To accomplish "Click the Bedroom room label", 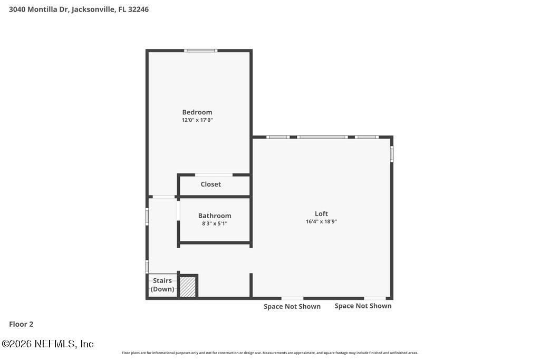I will (x=197, y=112).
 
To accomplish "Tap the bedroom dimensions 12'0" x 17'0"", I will (x=197, y=120).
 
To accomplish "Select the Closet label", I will (x=210, y=184).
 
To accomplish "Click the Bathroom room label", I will (x=215, y=216).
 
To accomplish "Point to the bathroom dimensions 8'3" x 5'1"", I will (x=215, y=223).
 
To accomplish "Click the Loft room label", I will (x=321, y=213).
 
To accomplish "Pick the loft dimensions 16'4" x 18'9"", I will (x=321, y=221).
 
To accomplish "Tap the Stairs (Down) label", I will (x=162, y=285).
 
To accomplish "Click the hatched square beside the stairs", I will (x=188, y=286).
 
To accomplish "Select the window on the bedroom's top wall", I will (x=200, y=51).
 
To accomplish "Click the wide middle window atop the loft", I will (x=322, y=137).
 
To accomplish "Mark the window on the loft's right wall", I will (x=391, y=153).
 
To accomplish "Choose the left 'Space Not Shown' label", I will (x=292, y=306).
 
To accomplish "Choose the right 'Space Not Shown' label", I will (x=363, y=306).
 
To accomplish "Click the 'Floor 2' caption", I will (x=21, y=324).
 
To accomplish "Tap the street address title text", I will (x=79, y=9).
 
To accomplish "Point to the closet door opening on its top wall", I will (x=214, y=174).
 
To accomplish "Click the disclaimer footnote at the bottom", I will (x=269, y=353).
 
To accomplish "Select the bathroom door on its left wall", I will (x=179, y=210).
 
